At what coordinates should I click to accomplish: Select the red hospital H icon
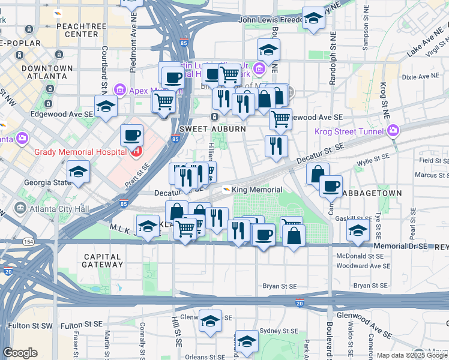(137, 151)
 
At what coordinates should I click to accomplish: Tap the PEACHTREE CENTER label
(77, 30)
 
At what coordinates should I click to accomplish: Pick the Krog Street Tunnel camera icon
(393, 130)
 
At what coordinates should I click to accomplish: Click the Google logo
(20, 353)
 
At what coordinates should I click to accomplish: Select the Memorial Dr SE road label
(401, 246)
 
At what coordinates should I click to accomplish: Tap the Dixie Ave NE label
(421, 77)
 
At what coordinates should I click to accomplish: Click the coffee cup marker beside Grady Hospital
(131, 136)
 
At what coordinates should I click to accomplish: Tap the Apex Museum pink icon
(119, 91)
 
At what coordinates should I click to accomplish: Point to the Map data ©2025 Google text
(412, 355)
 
